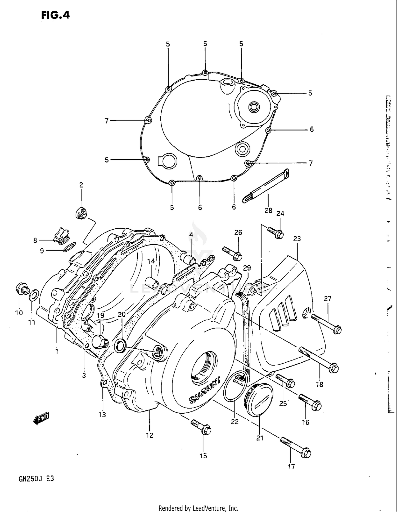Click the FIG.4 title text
[55, 15]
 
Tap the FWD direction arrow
[41, 418]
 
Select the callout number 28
[268, 210]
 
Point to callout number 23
[297, 239]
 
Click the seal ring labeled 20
[120, 346]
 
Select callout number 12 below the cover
[150, 435]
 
